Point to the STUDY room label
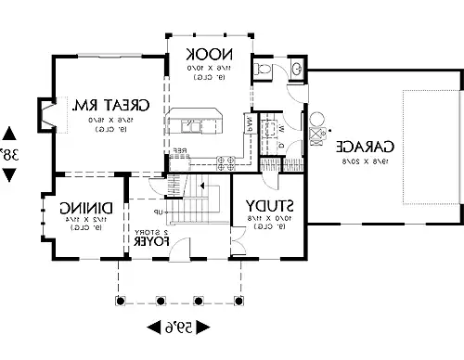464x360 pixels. tap(271, 205)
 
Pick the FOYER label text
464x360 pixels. tap(150, 241)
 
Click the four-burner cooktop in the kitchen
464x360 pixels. tap(225, 162)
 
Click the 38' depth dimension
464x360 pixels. tap(8, 154)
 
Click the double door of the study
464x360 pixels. tap(238, 246)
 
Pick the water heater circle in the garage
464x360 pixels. tap(315, 119)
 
